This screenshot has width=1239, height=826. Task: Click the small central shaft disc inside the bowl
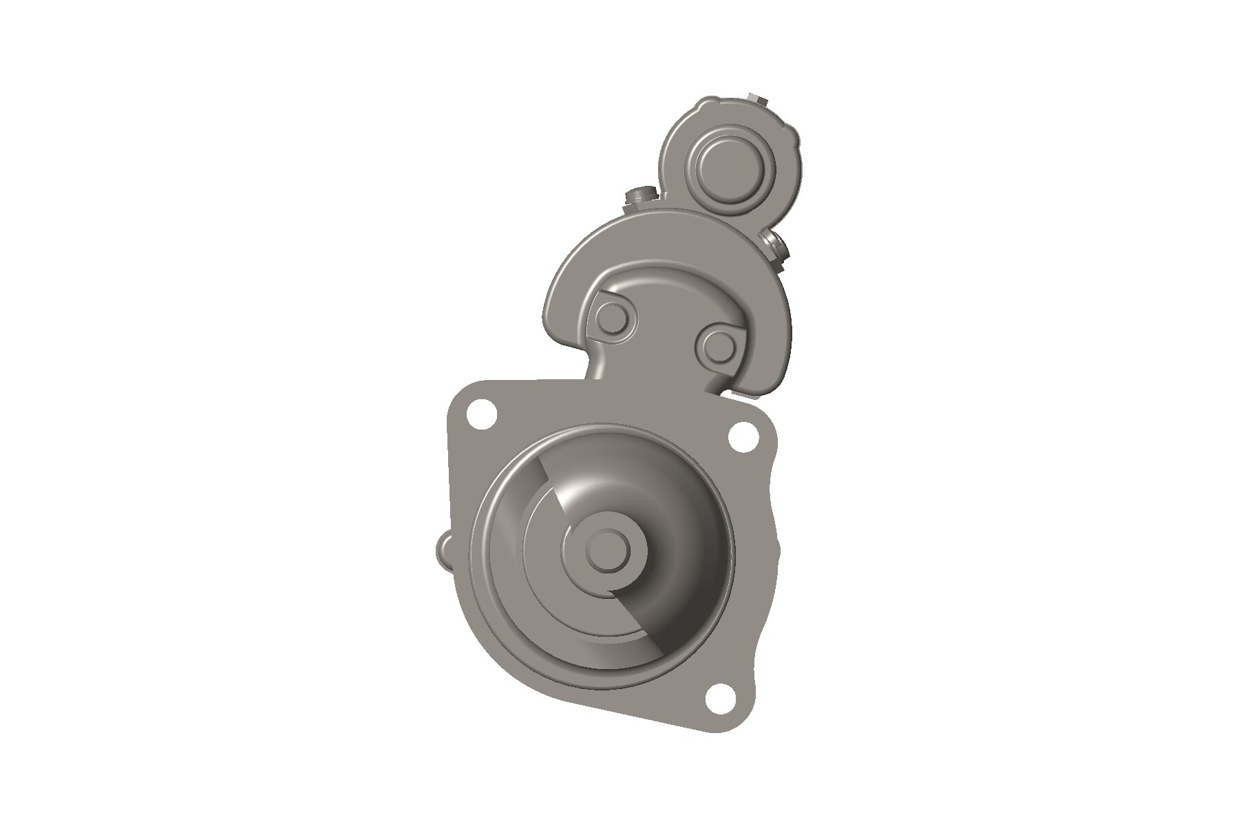(x=609, y=549)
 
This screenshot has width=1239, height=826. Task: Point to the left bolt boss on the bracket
(x=611, y=318)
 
